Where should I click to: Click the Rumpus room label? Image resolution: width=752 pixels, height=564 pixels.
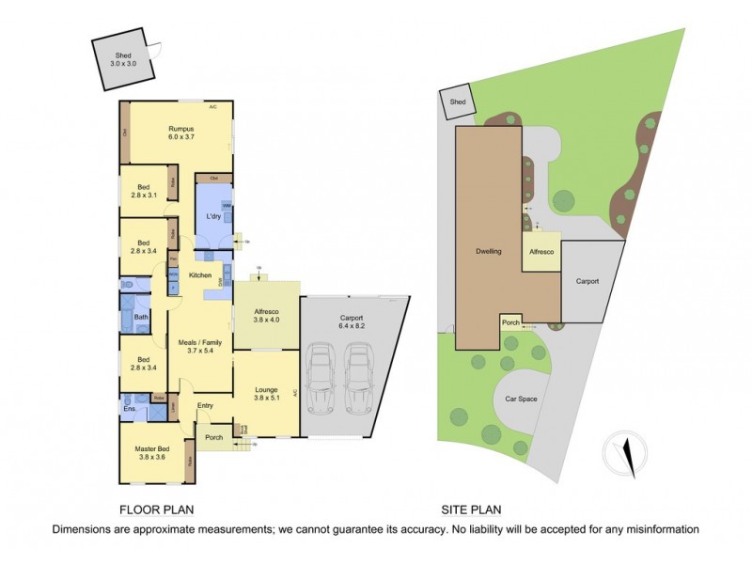click(181, 133)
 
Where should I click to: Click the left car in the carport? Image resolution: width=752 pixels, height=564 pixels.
click(321, 380)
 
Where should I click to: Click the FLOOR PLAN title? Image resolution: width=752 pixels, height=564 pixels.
click(156, 510)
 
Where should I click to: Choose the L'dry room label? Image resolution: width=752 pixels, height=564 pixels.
click(213, 218)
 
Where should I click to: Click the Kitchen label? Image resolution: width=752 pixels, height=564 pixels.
click(200, 275)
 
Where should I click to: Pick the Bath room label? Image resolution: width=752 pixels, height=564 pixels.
click(141, 317)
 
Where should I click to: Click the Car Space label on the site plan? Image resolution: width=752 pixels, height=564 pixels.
click(521, 399)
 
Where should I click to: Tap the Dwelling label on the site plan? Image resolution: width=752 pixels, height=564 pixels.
click(487, 252)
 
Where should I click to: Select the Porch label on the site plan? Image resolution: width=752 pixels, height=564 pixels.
click(510, 323)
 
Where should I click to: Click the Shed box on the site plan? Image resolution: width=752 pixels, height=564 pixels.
click(458, 103)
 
